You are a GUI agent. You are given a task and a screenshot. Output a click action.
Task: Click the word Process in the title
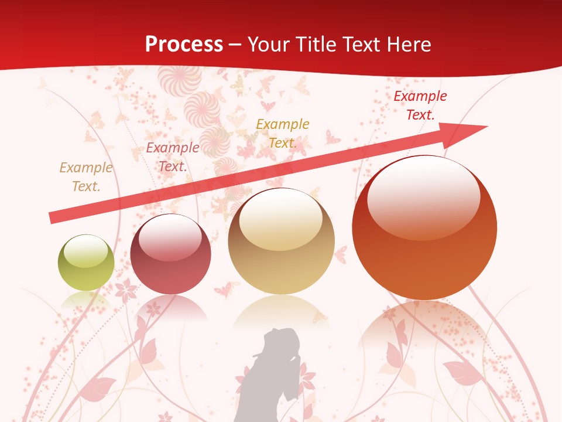click(x=184, y=45)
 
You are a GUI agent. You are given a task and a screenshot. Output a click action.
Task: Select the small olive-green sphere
click(x=86, y=263)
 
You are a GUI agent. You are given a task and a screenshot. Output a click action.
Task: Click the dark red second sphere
click(x=170, y=254)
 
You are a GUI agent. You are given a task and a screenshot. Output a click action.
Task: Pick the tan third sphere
click(x=281, y=241)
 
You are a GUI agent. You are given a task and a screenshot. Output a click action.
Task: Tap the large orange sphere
click(x=424, y=229)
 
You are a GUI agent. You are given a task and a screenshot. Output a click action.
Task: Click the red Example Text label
click(x=420, y=105)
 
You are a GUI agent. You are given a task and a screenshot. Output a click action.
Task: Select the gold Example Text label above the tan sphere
click(x=282, y=134)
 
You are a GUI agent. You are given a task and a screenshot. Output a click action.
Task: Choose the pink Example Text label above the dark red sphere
click(x=172, y=157)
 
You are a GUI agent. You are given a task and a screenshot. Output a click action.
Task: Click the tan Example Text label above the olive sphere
click(x=85, y=177)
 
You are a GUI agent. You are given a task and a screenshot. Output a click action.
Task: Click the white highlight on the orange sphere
click(x=423, y=197)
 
